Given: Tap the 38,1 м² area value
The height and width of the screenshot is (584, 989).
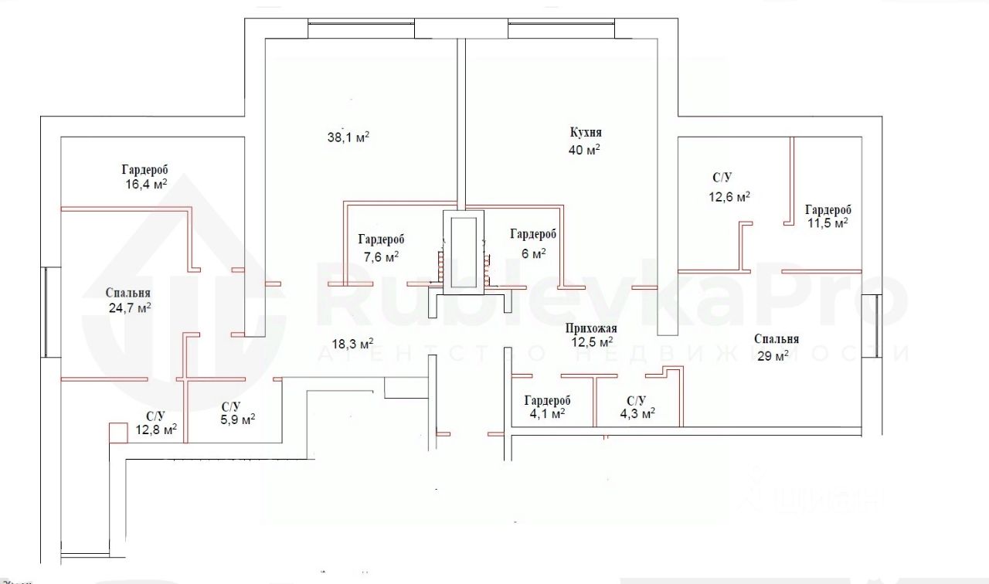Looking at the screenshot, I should tap(348, 138).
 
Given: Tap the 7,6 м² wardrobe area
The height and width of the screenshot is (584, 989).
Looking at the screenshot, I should tap(381, 256).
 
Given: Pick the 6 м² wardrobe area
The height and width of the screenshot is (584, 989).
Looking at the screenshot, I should tap(532, 253).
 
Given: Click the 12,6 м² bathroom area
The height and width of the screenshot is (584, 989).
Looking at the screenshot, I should tap(729, 197).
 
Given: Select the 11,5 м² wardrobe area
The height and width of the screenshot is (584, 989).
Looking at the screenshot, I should tap(828, 222).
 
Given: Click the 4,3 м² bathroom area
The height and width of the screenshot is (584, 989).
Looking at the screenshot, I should tap(636, 413).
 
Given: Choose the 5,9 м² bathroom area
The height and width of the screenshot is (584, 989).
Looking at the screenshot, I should tap(238, 420).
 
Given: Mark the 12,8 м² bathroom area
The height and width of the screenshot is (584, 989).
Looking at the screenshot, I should tap(156, 429).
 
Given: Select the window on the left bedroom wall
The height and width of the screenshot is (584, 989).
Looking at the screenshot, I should tap(51, 312).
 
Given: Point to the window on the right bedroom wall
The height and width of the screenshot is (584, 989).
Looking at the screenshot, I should tap(876, 324).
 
